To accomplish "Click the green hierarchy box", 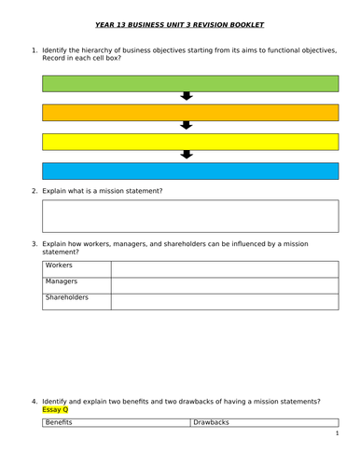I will [x=188, y=84].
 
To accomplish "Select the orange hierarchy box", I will [x=188, y=113].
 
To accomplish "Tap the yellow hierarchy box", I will [x=188, y=142].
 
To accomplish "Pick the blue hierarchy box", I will [x=188, y=171].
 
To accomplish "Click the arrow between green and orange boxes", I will [x=186, y=97].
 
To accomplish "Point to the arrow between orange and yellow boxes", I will [x=186, y=126].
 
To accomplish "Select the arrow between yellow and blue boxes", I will [x=186, y=155].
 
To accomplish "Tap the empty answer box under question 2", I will [x=188, y=214].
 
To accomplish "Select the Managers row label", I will [x=62, y=281].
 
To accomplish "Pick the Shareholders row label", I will [x=67, y=297].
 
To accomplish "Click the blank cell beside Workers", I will [x=224, y=268].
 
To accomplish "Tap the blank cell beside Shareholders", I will [x=224, y=301].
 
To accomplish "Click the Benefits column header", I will [x=65, y=422].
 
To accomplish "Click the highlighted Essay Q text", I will [x=55, y=409].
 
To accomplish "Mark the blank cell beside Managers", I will [x=224, y=284].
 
